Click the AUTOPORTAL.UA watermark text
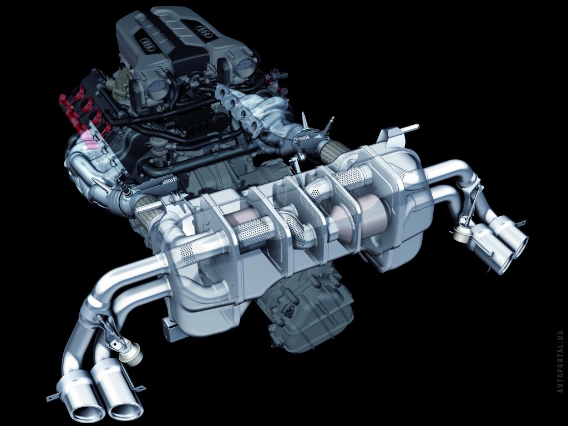tap(560, 357)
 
